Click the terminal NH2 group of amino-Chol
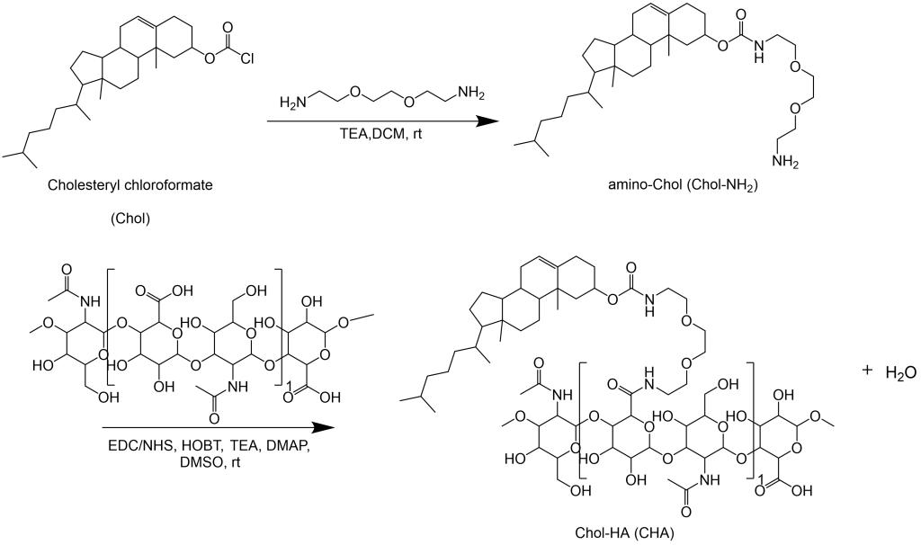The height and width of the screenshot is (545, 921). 782,163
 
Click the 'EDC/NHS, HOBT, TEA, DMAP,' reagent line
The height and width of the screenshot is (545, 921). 205,448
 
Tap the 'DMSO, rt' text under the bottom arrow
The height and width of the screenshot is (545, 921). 205,466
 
